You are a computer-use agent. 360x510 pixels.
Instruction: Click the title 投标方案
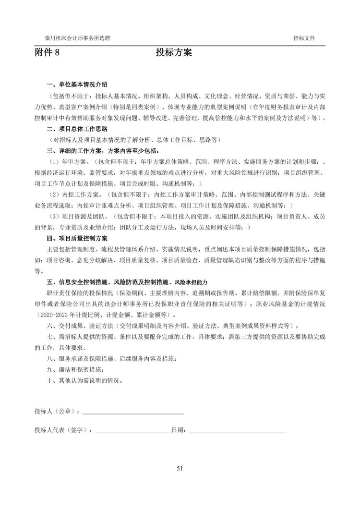(x=174, y=53)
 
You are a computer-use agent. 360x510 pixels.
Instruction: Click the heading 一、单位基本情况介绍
(x=77, y=84)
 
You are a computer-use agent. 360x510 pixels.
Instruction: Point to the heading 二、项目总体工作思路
(x=77, y=129)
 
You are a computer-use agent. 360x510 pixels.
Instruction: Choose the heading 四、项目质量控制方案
(x=77, y=238)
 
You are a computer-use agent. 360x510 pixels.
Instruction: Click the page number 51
(x=180, y=468)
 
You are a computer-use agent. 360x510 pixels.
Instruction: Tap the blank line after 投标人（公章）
(x=133, y=412)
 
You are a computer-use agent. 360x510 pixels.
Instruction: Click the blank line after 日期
(x=237, y=430)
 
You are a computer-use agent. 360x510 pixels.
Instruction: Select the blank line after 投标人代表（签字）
(x=133, y=430)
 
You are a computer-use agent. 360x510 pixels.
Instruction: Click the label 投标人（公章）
(x=57, y=412)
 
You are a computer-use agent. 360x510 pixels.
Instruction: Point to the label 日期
(x=177, y=430)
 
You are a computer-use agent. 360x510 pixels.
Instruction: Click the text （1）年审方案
(x=70, y=162)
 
